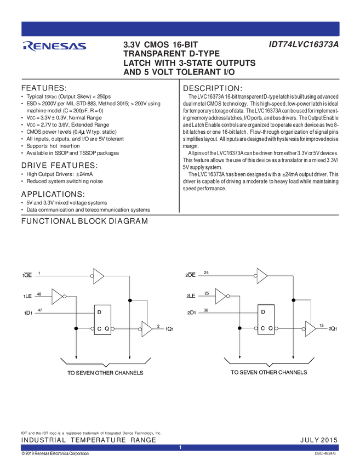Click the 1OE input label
(x=27, y=274)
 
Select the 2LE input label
(x=191, y=296)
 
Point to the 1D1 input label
(x=27, y=312)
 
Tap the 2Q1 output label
(x=333, y=329)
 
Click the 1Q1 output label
(x=169, y=329)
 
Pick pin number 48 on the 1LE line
(x=39, y=294)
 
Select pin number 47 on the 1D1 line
(x=39, y=310)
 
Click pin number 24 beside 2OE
(x=206, y=272)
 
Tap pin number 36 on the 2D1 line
(x=206, y=310)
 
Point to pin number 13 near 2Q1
(x=321, y=325)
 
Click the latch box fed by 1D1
(x=102, y=320)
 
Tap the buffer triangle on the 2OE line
(x=262, y=276)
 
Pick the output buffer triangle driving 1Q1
(x=147, y=328)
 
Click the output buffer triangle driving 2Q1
(x=311, y=328)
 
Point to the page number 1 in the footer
(x=180, y=448)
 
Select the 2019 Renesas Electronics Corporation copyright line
(x=55, y=454)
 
